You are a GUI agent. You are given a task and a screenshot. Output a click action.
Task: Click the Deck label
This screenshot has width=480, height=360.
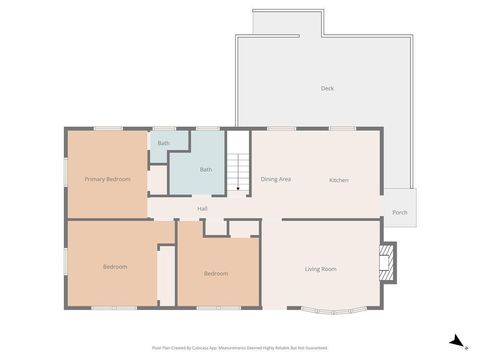[x=327, y=88]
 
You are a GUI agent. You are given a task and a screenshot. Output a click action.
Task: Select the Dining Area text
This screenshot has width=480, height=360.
[x=276, y=179]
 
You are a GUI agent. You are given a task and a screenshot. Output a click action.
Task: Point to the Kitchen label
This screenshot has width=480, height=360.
[x=339, y=179]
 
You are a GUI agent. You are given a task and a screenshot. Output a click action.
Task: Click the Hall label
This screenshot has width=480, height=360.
[x=202, y=208]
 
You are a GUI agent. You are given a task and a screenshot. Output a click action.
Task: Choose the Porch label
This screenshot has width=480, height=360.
[x=400, y=212]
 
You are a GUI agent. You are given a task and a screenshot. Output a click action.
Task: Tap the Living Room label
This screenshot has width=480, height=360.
[x=320, y=269]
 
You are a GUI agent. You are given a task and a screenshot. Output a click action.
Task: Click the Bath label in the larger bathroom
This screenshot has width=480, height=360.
[x=206, y=169]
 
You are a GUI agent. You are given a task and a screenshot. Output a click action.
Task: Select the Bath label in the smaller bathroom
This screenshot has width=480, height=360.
[x=163, y=144]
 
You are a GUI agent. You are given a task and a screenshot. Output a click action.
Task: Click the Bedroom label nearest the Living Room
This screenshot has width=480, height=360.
[x=216, y=273]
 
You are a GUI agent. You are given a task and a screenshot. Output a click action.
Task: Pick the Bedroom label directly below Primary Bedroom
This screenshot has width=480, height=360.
[x=115, y=266]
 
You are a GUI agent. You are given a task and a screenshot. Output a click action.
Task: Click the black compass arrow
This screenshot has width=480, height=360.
[x=455, y=341]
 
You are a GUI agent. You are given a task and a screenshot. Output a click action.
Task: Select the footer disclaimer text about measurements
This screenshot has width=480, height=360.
[x=239, y=348]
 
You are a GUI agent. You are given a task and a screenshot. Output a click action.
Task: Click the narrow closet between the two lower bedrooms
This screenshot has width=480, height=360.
[x=166, y=273]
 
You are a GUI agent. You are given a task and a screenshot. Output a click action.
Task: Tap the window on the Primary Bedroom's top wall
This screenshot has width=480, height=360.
[x=108, y=128]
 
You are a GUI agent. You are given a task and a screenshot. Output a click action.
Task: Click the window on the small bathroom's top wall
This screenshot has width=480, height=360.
[x=163, y=128]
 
